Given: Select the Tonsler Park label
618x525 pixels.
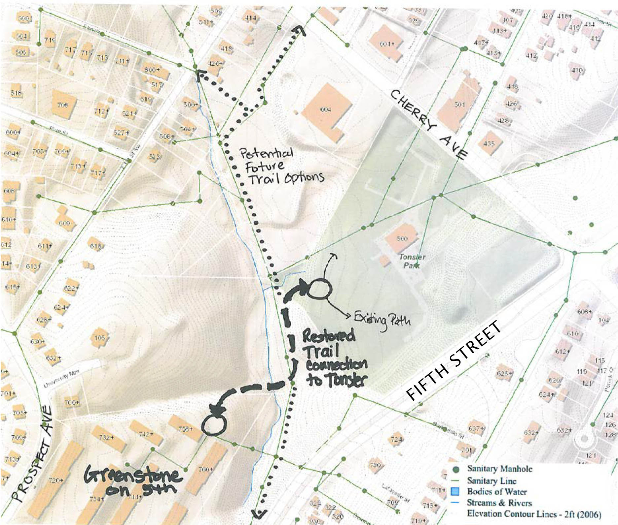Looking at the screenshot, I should click(x=412, y=261).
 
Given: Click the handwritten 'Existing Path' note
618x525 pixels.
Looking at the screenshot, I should click(x=382, y=319).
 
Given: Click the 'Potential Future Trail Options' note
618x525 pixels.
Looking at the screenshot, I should click(x=281, y=167).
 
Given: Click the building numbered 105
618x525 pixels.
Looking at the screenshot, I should click(x=99, y=338).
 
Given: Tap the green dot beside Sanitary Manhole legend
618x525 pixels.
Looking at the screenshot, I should click(x=456, y=469).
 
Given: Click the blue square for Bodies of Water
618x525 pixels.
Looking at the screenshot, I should click(x=456, y=491).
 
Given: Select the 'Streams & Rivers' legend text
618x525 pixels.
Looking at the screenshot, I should click(x=499, y=503).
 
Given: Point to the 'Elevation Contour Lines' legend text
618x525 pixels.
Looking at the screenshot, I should click(x=533, y=514).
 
